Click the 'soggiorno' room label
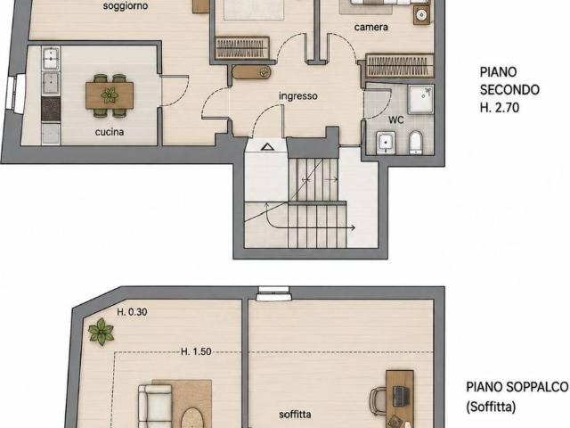point(126,6)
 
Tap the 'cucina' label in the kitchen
point(110,132)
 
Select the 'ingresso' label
point(298,96)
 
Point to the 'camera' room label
point(371,27)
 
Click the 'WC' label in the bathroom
point(396,119)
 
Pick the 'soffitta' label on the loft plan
point(295,414)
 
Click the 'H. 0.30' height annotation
point(132,312)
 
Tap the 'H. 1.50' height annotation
point(196,351)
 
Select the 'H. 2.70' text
point(500,108)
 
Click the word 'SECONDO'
point(509,89)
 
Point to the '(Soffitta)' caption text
point(491,407)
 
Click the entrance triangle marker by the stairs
point(267,146)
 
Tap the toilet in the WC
point(416,143)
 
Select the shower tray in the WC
point(420,99)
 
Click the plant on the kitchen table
point(110,95)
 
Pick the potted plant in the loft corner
point(101,332)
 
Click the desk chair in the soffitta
point(378,401)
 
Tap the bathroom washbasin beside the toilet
point(386,143)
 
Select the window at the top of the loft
point(273,293)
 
